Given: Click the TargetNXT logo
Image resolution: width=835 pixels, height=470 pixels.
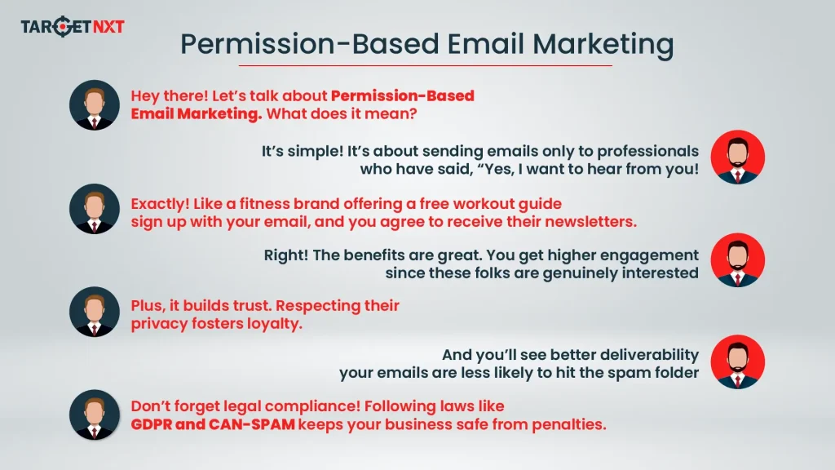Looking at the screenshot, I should point(73,27).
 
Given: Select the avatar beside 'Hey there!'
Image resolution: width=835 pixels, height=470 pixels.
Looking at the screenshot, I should point(95,105).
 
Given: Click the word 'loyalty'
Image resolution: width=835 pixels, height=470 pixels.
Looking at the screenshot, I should point(274,323).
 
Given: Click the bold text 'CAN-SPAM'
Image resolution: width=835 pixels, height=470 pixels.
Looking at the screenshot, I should point(250,424).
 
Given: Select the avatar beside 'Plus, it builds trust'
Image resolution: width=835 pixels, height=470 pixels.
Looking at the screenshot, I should point(95,312).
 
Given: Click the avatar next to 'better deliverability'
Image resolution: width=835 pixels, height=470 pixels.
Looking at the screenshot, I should point(738,362).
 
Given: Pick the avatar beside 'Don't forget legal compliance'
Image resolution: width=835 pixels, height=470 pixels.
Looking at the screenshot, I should point(95,415).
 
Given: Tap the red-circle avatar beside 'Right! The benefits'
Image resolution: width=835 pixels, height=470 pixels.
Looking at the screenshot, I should point(738,260).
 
